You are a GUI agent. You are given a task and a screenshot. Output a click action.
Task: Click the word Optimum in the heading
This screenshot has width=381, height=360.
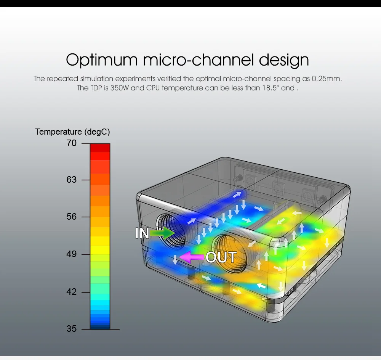tap(102, 60)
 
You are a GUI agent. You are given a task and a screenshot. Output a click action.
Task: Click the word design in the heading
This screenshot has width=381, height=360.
tap(284, 60)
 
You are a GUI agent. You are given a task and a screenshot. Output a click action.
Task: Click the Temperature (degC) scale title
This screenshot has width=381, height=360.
tap(72, 132)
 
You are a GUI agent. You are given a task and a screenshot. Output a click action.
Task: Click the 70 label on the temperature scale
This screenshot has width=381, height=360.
tap(72, 143)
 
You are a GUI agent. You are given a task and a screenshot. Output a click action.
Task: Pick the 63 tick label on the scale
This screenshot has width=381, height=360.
tap(72, 180)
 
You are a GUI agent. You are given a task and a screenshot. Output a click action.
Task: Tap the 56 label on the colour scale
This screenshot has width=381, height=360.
tap(72, 217)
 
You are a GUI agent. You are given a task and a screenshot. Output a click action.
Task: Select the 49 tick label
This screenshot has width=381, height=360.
tap(72, 254)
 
